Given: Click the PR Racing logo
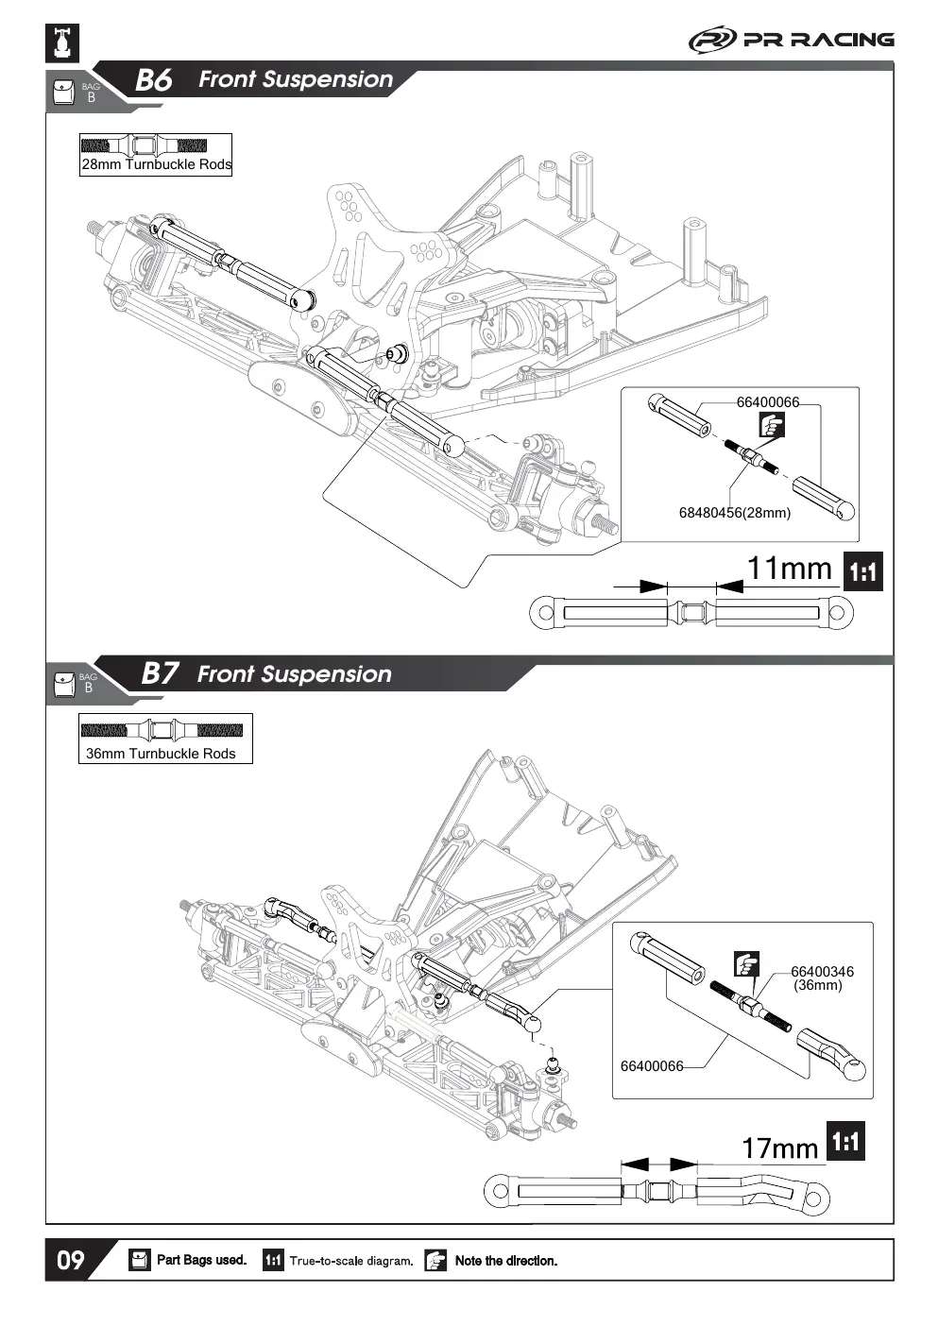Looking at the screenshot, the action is (x=792, y=41).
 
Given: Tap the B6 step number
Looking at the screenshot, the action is (x=154, y=80).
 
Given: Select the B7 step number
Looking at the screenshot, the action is (x=160, y=673).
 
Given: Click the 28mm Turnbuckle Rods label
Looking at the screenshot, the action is (x=157, y=164).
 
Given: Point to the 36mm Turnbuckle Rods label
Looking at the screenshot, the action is (x=161, y=754).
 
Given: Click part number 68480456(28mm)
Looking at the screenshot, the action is (x=734, y=513).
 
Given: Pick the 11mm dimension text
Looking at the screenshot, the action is (x=790, y=569).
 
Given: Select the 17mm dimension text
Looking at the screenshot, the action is (x=780, y=1147).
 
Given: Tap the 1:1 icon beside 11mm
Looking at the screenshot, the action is (x=862, y=571).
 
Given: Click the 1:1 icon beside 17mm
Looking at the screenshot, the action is (x=845, y=1141).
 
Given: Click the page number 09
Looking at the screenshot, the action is (x=71, y=1260).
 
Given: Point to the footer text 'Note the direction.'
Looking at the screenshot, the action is (x=506, y=1261).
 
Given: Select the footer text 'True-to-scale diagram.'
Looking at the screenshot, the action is (x=351, y=1261).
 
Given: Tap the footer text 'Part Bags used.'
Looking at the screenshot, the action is (x=201, y=1260).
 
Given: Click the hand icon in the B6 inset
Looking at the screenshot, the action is (x=772, y=425).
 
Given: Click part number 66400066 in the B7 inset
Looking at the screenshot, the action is (x=652, y=1066).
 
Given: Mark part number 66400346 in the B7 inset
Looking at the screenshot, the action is (x=822, y=972).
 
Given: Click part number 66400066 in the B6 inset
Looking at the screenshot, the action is (x=767, y=402).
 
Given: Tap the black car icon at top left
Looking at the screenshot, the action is (x=62, y=43).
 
